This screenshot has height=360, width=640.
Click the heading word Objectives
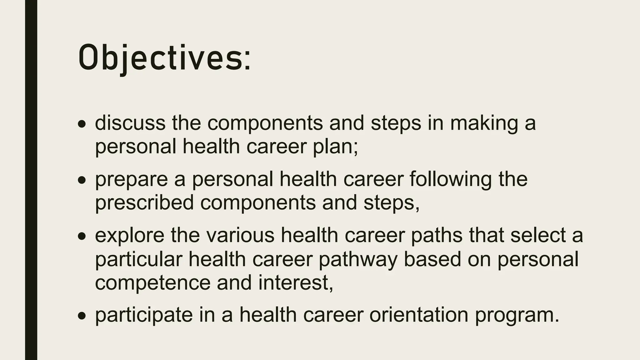(x=164, y=58)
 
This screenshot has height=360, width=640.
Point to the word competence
(x=153, y=283)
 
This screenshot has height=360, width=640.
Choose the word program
(x=517, y=316)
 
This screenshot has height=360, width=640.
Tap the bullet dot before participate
(x=82, y=317)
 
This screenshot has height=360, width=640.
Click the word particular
(x=139, y=259)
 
